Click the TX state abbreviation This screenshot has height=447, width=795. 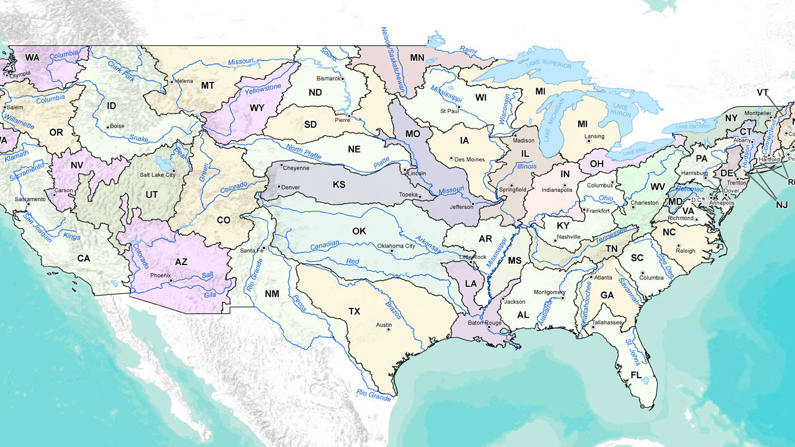tap(354, 311)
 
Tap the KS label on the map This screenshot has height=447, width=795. tap(339, 184)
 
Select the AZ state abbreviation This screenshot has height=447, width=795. tap(181, 262)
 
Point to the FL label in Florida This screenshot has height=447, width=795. tap(636, 376)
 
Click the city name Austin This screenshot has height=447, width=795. tap(384, 325)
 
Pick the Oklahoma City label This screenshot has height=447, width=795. tap(396, 246)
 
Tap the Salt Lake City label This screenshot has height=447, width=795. tap(158, 175)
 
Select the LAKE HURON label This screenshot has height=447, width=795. tap(620, 111)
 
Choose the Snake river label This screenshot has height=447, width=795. tap(139, 138)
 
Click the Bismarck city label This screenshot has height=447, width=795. tap(329, 79)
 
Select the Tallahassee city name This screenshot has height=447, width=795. tap(607, 322)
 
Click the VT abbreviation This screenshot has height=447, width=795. tap(763, 93)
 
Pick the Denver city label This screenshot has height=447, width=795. tap(291, 187)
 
